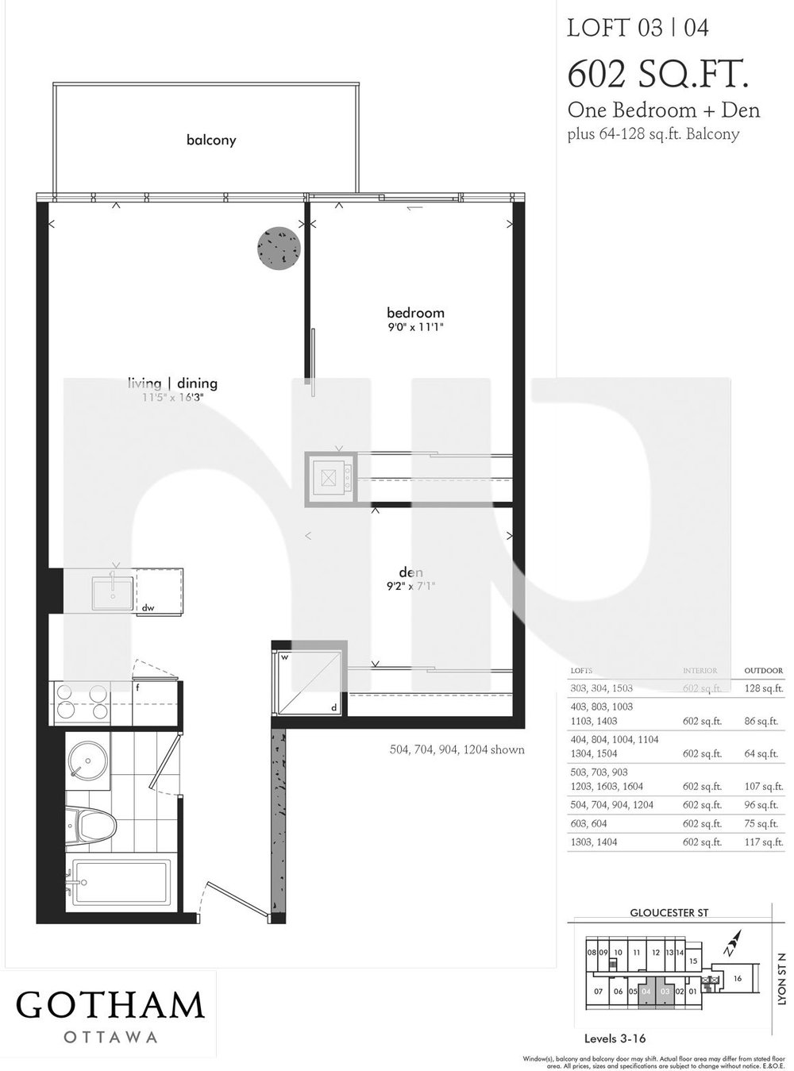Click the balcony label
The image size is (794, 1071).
[211, 141]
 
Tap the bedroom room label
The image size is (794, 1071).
[415, 313]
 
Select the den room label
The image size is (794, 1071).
[410, 572]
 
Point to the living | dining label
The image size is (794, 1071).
[172, 383]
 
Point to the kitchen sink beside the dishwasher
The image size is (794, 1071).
[112, 589]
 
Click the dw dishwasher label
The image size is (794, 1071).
[147, 608]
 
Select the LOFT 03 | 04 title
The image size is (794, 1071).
[638, 29]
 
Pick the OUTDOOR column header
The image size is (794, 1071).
[763, 671]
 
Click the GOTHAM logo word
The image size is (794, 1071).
[110, 1005]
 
